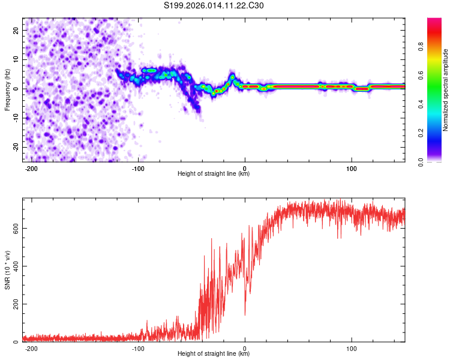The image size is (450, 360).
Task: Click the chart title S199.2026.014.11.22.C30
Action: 214,5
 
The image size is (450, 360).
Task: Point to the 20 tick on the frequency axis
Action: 16,30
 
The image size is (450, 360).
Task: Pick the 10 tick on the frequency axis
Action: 16,59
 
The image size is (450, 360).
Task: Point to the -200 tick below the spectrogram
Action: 32,168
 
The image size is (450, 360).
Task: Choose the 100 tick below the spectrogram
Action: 351,168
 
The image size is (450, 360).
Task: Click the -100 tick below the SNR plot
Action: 138,348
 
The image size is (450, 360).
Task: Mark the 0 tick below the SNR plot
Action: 245,348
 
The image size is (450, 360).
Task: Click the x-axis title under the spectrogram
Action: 214,174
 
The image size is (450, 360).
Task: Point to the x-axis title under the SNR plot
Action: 214,354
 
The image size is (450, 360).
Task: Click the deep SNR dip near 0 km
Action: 245,313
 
